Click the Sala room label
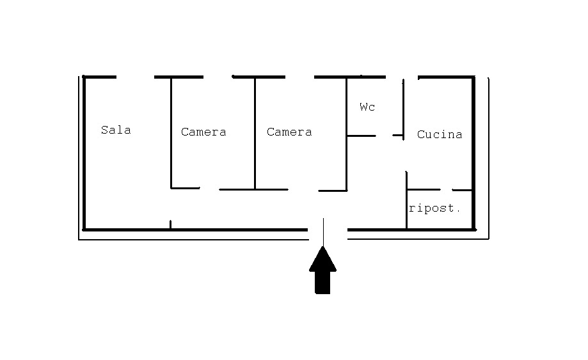point(116,130)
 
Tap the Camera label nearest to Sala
point(203,132)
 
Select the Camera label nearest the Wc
point(289,132)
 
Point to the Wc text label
point(367,107)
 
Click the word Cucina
point(440,134)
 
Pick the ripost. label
point(435,208)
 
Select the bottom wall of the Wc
point(362,136)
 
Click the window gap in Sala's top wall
point(136,77)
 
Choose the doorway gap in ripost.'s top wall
point(447,190)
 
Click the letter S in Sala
point(104,130)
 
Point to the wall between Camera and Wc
point(347,134)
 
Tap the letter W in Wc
point(363,107)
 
